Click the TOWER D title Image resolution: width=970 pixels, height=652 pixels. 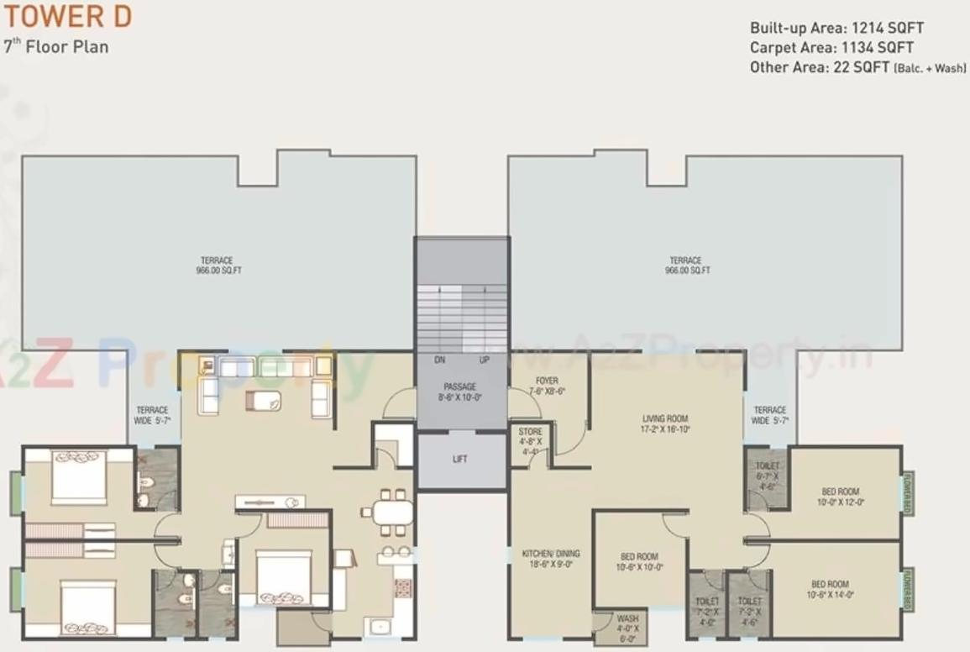[66, 16]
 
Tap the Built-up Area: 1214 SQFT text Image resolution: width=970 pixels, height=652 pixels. [836, 28]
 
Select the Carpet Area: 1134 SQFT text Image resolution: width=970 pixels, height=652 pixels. [831, 48]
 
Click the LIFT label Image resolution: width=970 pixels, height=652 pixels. [459, 460]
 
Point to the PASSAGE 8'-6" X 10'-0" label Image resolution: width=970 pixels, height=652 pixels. [461, 392]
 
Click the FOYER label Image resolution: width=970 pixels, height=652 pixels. [546, 386]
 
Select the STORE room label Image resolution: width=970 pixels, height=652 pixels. [531, 440]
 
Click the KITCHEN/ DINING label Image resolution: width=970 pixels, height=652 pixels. [550, 559]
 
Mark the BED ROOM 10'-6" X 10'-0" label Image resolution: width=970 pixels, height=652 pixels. [639, 561]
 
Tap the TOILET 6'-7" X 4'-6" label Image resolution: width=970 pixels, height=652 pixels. [768, 475]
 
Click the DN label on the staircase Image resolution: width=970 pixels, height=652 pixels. [439, 360]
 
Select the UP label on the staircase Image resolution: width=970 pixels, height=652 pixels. [484, 360]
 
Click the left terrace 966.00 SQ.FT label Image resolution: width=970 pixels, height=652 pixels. [216, 266]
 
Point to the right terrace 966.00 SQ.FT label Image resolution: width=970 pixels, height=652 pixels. [685, 266]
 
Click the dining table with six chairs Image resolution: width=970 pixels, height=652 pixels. [388, 512]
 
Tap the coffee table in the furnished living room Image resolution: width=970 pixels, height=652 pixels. [263, 400]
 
